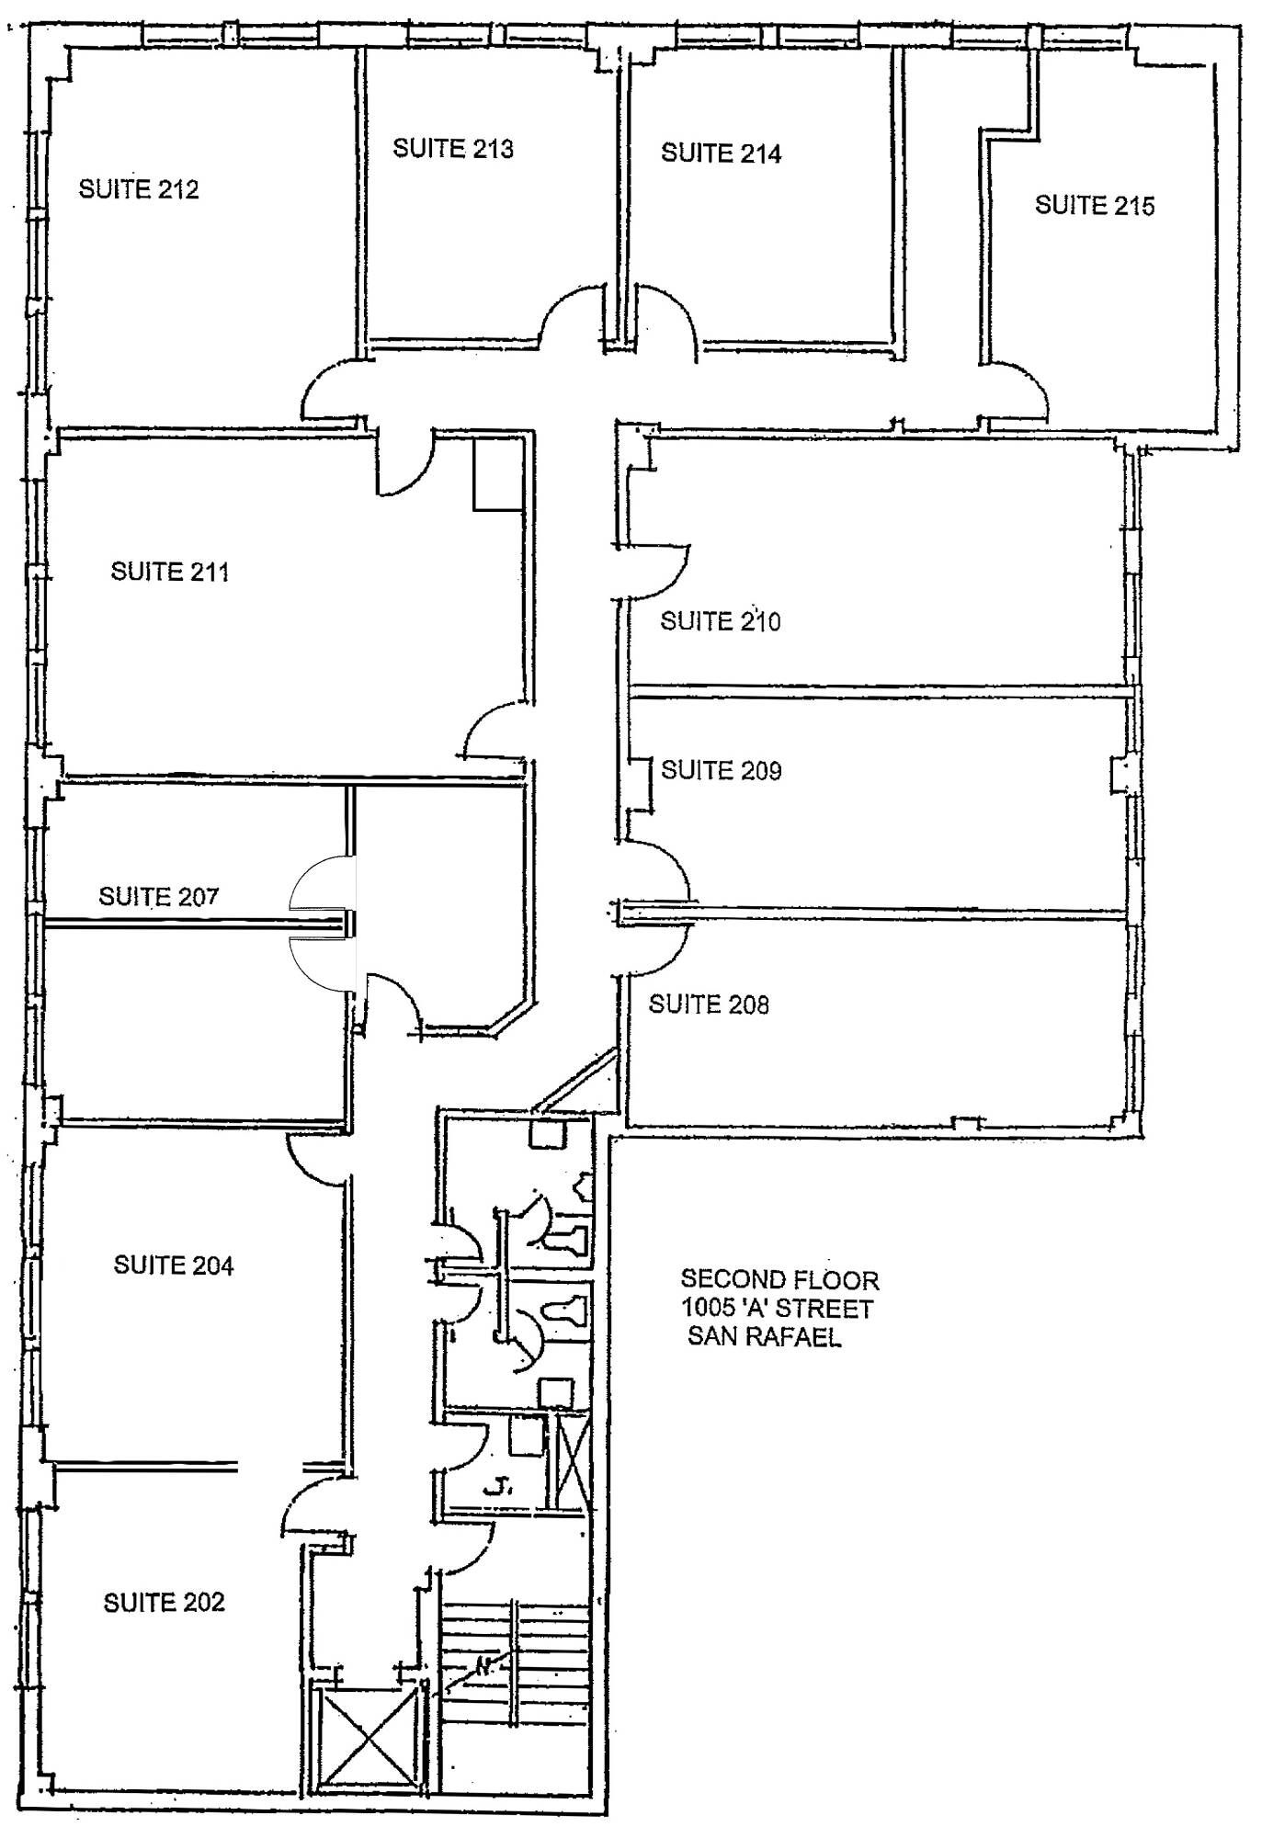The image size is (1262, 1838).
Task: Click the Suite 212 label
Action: click(139, 189)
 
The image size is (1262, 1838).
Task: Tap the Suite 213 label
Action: click(452, 149)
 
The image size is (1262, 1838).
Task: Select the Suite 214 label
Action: click(721, 153)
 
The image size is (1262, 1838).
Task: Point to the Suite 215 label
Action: click(1094, 206)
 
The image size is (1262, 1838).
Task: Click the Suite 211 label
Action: click(169, 572)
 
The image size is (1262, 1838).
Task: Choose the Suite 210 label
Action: click(720, 622)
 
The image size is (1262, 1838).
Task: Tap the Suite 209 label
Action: click(721, 770)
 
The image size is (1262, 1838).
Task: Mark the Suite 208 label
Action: click(708, 1004)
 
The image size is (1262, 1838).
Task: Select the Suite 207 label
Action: click(158, 896)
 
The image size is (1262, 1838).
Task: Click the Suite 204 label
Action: click(173, 1265)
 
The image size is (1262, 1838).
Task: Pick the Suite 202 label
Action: click(164, 1603)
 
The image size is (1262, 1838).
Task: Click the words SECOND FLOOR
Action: click(779, 1280)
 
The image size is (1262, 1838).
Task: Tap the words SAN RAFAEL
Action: click(764, 1336)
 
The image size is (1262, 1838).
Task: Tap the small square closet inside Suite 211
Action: click(498, 473)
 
